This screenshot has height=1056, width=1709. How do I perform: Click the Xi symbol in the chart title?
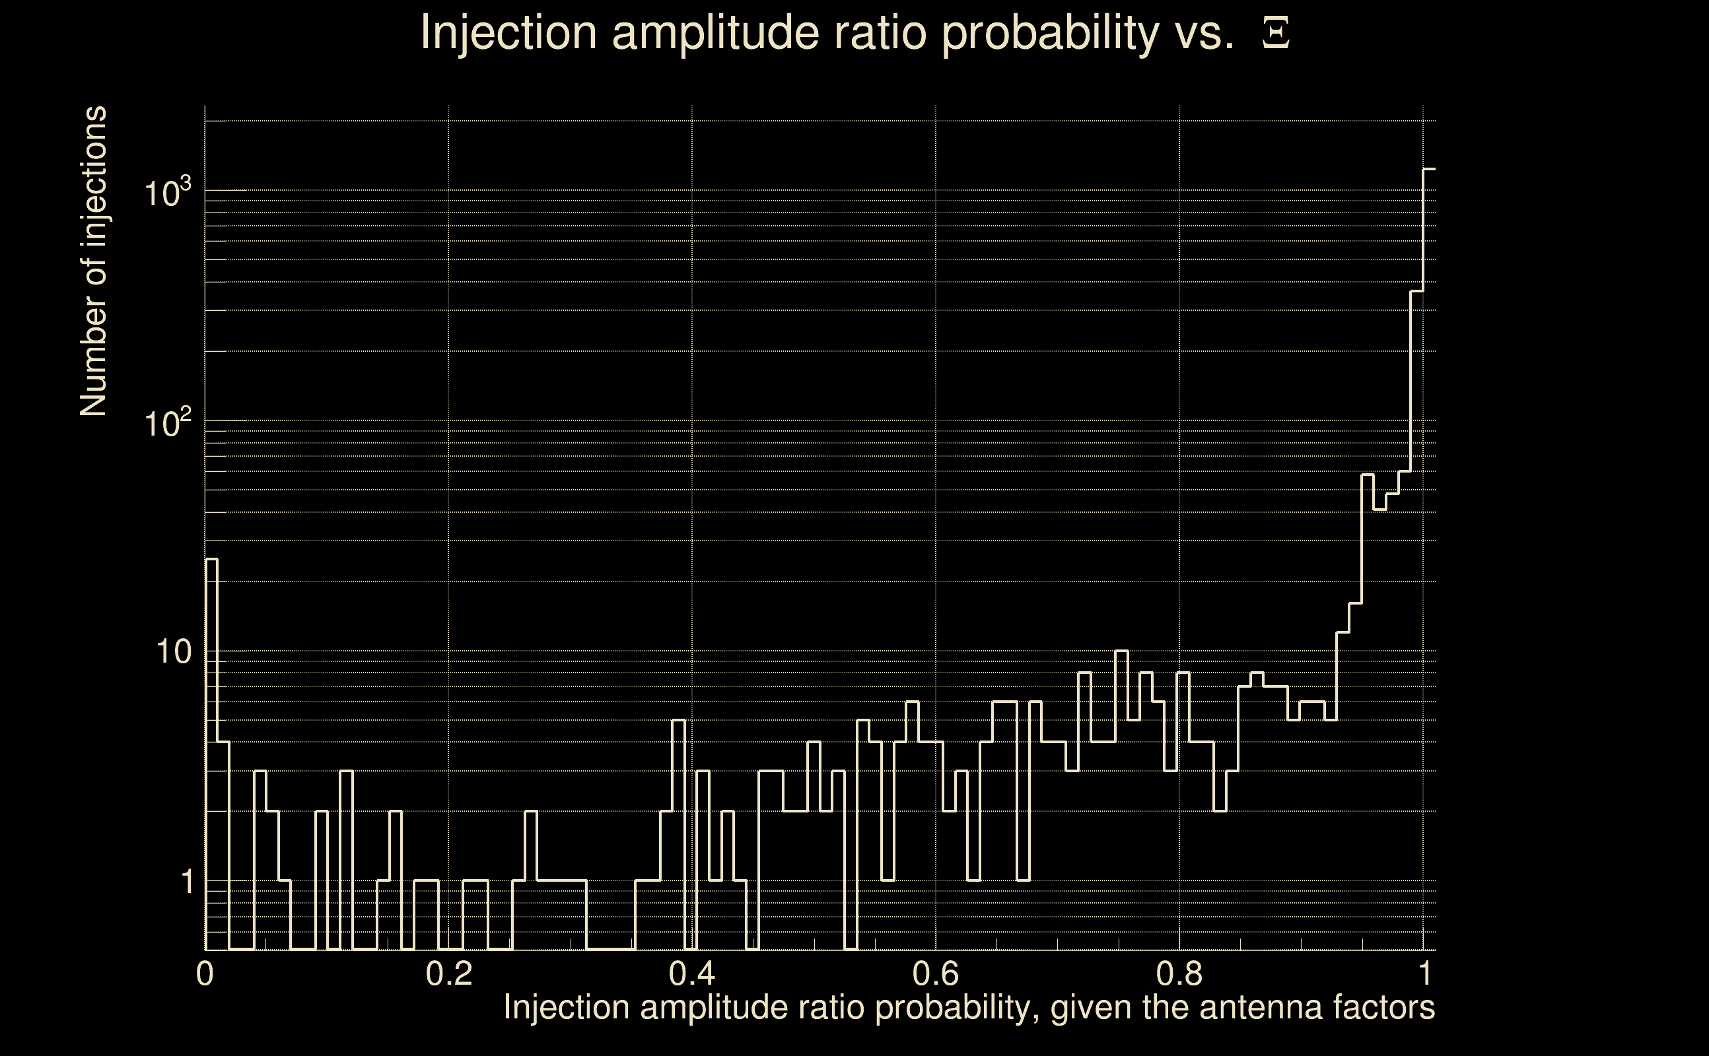[1276, 34]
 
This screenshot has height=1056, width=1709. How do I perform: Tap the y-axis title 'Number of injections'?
[94, 261]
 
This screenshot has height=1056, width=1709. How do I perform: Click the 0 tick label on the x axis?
[205, 973]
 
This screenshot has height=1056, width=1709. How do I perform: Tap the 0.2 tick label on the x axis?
[448, 973]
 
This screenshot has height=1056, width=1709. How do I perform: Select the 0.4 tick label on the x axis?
[691, 973]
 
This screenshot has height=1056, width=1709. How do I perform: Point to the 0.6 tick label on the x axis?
[936, 973]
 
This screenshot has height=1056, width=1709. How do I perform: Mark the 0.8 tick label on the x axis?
[1179, 973]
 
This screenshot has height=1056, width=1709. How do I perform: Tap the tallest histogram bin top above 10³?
[1430, 169]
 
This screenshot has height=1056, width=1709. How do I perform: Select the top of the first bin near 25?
[211, 559]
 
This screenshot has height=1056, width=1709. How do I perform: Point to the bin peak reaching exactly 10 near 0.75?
[1121, 651]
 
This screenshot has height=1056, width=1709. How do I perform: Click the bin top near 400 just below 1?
[1417, 290]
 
